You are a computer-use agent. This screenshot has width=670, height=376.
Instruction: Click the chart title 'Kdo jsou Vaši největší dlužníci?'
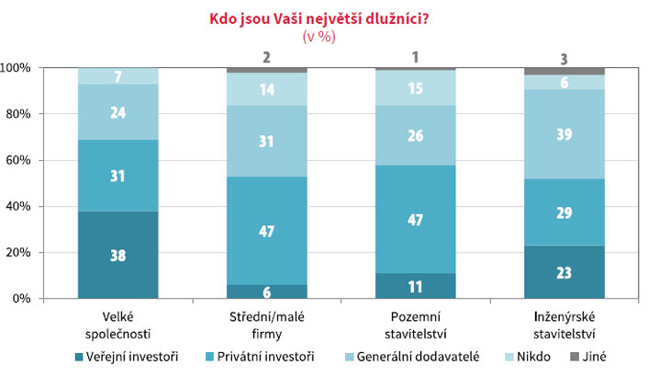[318, 19]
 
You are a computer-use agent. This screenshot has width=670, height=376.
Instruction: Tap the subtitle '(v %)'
[318, 37]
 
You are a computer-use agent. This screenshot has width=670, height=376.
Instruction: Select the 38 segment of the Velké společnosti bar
[117, 255]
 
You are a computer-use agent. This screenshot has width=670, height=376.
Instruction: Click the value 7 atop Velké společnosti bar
[117, 76]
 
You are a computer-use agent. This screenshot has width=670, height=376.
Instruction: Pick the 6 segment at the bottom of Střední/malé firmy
[267, 291]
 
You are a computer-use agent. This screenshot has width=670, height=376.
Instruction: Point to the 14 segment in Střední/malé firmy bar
[267, 89]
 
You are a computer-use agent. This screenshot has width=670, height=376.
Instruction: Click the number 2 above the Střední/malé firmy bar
[266, 57]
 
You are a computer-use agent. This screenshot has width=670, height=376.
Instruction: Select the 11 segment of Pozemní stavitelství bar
[416, 286]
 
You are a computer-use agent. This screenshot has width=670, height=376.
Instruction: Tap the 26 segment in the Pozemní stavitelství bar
[416, 136]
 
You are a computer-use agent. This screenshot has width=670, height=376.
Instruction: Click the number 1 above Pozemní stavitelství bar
[415, 57]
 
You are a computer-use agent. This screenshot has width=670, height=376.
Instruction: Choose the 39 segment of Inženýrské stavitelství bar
[564, 134]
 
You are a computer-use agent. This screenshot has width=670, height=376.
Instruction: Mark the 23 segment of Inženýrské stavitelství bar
[564, 272]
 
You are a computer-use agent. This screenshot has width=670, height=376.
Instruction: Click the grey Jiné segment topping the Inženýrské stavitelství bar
[564, 72]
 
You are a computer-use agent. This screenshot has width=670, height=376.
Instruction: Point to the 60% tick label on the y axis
[17, 160]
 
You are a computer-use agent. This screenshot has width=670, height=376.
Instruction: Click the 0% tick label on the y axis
[21, 299]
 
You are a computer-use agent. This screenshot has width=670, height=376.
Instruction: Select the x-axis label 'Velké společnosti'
[117, 325]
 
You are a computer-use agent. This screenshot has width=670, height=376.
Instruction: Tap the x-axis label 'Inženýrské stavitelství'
[564, 325]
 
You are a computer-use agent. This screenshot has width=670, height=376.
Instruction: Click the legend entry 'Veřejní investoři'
[127, 357]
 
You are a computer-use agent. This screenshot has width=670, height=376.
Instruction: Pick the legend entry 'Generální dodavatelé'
[412, 357]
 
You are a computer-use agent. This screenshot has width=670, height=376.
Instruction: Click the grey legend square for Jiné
[575, 357]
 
